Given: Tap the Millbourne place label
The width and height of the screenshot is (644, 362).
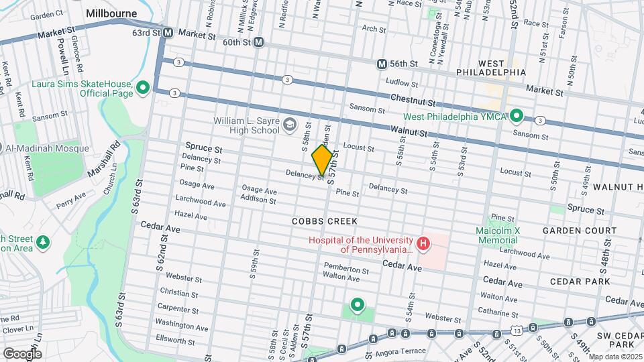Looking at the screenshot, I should [111, 13].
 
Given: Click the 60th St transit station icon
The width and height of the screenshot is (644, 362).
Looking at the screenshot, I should [258, 42].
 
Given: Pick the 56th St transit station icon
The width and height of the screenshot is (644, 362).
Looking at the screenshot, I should [382, 64].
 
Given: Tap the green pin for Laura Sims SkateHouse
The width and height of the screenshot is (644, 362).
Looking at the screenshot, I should [142, 88].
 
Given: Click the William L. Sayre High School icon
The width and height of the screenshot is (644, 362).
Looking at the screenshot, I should [289, 123].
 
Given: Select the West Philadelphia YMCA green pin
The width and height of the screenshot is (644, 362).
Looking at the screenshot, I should [516, 116].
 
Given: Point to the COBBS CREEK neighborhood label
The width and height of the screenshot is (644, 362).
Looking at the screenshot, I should [325, 221].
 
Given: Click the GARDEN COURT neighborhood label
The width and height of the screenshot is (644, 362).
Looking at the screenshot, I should [580, 231].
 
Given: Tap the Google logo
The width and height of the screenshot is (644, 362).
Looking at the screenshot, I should [21, 353].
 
